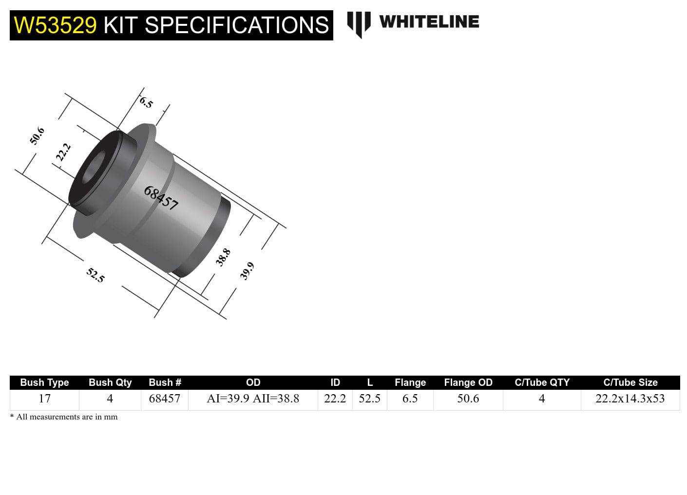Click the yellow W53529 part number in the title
click(x=55, y=25)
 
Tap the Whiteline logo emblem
click(x=359, y=23)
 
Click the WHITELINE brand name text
click(x=429, y=21)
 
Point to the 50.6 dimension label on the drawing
click(x=37, y=136)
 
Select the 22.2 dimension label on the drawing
click(x=63, y=152)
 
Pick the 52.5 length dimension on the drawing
click(x=95, y=275)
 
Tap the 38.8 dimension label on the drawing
click(x=223, y=257)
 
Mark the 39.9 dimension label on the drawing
click(x=247, y=271)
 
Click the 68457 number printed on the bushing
click(x=161, y=198)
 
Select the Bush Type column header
click(x=44, y=382)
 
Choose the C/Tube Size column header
click(x=630, y=382)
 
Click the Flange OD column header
click(x=468, y=382)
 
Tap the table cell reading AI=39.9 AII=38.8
click(x=253, y=399)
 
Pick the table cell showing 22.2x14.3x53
click(x=630, y=399)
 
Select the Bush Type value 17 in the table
click(x=44, y=399)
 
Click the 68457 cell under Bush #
click(x=165, y=399)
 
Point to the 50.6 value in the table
click(x=468, y=399)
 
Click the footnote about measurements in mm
click(x=64, y=417)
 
